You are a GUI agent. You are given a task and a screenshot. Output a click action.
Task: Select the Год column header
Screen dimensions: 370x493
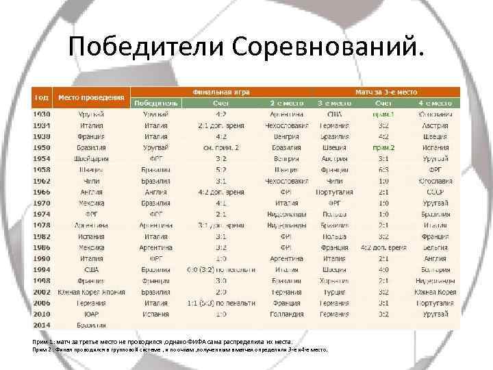(x=41, y=97)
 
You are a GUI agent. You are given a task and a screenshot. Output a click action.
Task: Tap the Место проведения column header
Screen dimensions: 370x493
(x=91, y=97)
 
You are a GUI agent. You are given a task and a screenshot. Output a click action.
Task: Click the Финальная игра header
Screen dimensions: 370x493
(x=220, y=91)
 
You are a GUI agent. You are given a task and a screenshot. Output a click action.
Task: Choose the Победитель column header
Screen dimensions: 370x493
(x=156, y=103)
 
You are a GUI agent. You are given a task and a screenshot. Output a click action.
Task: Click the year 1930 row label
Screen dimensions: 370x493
(x=42, y=114)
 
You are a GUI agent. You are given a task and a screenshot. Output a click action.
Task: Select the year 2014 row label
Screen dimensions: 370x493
(x=42, y=325)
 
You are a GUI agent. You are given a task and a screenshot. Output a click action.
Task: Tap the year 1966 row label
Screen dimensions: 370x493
(x=42, y=193)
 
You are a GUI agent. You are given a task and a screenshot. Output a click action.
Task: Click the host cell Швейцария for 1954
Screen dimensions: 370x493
(x=91, y=158)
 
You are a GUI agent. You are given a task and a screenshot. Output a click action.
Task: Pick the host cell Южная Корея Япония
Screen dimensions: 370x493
(x=91, y=291)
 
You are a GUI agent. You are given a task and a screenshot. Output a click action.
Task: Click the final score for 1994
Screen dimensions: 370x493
(x=220, y=269)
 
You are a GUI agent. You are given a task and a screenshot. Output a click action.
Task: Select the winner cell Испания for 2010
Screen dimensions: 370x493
(x=156, y=313)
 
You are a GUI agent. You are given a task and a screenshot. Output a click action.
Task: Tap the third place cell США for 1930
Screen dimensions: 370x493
(x=335, y=114)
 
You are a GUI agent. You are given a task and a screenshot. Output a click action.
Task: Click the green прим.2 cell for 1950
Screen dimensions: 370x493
(x=383, y=147)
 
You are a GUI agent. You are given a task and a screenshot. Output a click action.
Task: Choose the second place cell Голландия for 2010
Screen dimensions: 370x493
(x=286, y=313)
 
